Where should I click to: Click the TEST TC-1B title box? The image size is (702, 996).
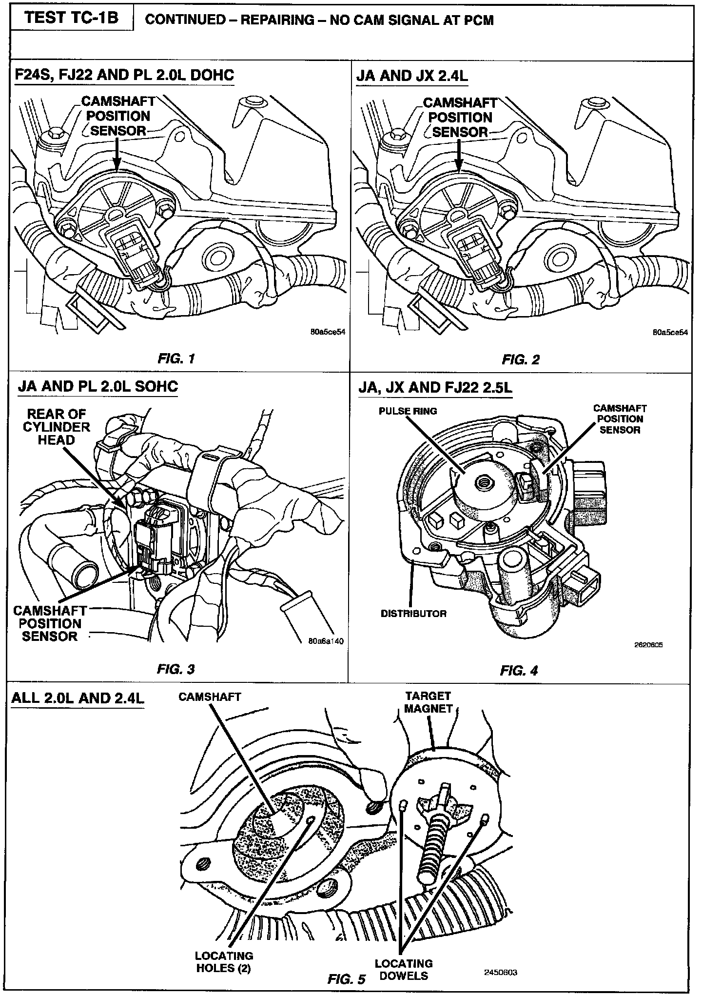[72, 18]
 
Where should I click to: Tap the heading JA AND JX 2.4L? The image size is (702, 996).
[412, 76]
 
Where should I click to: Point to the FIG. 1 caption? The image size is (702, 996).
[176, 359]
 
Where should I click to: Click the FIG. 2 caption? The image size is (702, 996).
[521, 360]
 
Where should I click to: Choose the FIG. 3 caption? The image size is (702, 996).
[176, 669]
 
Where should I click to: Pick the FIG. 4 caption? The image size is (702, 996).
[519, 671]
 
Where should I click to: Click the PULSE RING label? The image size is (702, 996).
[408, 411]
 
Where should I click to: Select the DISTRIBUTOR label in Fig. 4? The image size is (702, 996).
[413, 613]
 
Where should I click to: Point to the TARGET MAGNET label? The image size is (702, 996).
[428, 702]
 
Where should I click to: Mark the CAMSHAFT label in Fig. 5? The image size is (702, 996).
[210, 697]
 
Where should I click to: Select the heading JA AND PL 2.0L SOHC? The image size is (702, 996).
[98, 387]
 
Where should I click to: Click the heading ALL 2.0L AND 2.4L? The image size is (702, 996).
[78, 698]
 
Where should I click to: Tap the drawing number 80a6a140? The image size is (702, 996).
[326, 641]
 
